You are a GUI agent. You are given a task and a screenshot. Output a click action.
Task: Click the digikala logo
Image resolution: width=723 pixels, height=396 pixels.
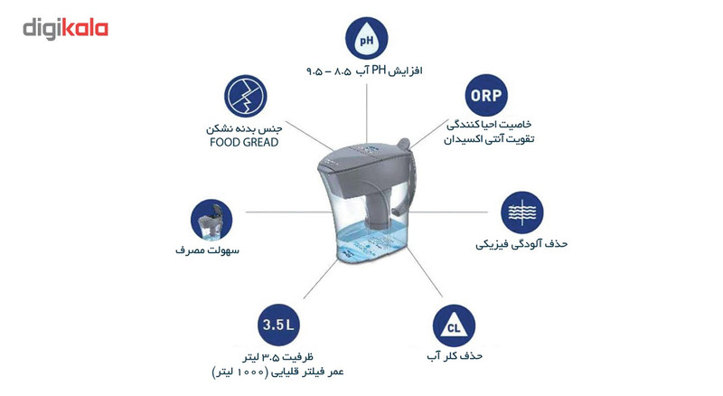click(x=65, y=28)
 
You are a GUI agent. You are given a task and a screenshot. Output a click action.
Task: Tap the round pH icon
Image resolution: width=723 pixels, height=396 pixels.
click(x=366, y=41)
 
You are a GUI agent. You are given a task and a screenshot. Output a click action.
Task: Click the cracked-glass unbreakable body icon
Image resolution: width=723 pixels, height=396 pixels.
click(x=246, y=95)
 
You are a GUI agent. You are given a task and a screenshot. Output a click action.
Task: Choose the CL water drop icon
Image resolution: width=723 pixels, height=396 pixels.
click(x=455, y=323)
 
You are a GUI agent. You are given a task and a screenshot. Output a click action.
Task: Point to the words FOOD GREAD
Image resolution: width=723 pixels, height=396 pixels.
click(x=245, y=141)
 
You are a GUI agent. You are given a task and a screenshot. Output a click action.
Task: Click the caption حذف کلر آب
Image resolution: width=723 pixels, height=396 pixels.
click(x=455, y=356)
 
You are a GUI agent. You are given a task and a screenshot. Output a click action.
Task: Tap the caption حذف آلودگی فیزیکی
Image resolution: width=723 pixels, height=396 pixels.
click(x=525, y=244)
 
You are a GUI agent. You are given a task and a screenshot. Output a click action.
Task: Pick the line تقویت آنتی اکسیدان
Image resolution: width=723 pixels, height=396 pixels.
click(x=488, y=140)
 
